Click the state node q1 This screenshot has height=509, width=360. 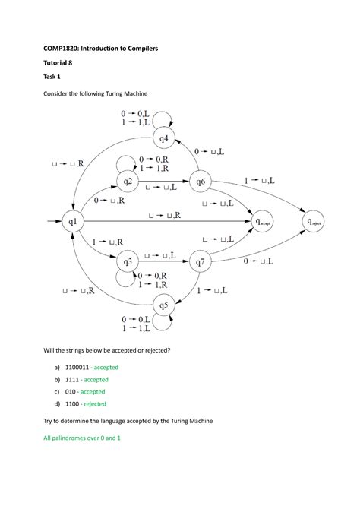coord(73,222)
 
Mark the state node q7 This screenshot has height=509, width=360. coord(201,262)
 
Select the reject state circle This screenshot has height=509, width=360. coord(315,222)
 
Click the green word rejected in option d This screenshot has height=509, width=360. coord(95,404)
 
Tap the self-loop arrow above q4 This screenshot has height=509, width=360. coord(173,116)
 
